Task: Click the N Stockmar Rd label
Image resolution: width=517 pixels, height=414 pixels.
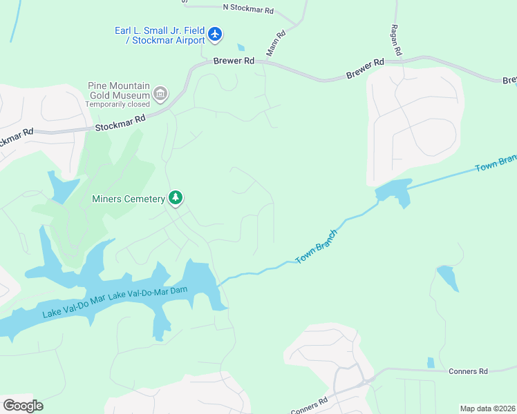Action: (248, 10)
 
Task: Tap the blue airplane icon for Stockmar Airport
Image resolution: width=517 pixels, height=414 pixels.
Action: (215, 33)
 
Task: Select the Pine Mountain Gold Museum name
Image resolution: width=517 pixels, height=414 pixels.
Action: (119, 90)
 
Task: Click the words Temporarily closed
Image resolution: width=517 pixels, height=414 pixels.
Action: (117, 104)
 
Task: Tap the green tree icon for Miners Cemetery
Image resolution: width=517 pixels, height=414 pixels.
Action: (176, 199)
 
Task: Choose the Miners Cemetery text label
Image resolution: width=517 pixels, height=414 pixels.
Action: (129, 199)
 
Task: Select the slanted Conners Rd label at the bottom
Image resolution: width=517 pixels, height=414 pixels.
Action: (309, 406)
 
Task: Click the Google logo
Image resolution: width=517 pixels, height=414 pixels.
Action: (23, 406)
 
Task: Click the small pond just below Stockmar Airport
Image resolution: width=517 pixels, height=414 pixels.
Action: (240, 48)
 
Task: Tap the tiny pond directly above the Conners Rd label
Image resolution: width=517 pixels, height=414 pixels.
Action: (431, 362)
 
